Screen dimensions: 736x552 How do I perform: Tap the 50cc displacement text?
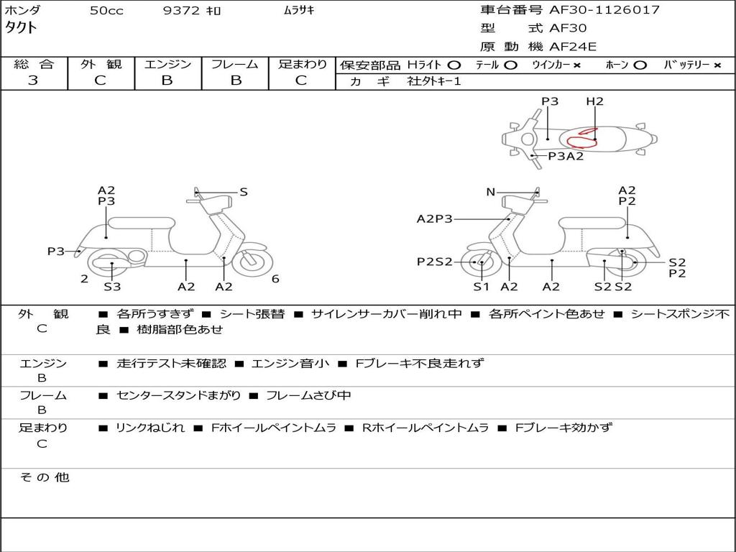[106, 11]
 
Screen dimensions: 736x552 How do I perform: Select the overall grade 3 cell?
[33, 80]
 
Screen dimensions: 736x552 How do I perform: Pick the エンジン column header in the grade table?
[167, 64]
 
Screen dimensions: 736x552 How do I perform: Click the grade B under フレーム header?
[235, 80]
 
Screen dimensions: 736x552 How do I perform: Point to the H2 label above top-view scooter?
[594, 101]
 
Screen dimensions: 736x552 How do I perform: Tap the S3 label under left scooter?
[112, 287]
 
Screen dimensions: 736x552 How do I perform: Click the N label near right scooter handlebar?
[491, 192]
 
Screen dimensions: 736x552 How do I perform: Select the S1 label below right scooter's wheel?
[481, 287]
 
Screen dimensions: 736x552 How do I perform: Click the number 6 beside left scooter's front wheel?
[275, 279]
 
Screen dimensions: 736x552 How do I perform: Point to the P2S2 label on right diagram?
[435, 262]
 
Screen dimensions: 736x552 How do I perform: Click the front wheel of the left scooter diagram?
[252, 261]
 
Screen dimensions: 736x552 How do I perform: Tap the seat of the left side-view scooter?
[140, 222]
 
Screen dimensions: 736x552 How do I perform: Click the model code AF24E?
[574, 47]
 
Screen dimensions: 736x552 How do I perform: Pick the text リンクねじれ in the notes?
[149, 428]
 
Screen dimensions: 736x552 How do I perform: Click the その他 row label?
[44, 477]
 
